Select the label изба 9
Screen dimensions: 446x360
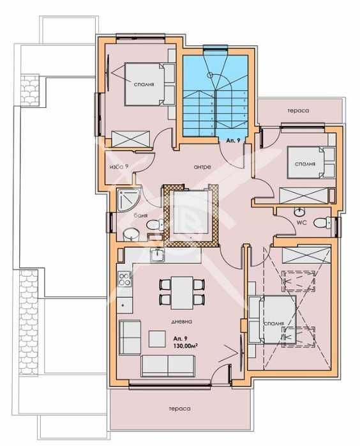(119, 167)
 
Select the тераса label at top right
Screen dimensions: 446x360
(297, 111)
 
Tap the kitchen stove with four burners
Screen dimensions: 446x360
(123, 279)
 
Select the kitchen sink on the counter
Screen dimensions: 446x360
(157, 256)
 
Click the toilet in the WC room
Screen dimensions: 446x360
(329, 222)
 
